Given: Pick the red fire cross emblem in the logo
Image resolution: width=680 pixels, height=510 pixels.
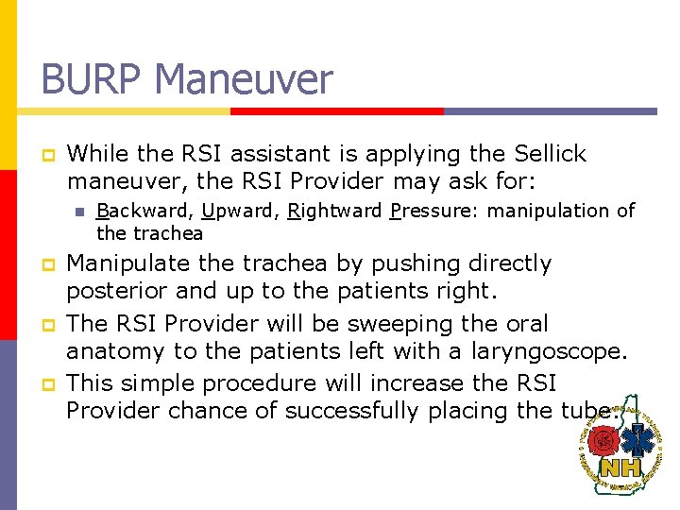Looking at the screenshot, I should point(602,440).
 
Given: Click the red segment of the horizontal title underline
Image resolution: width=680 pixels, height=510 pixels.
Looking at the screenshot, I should point(336,110).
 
